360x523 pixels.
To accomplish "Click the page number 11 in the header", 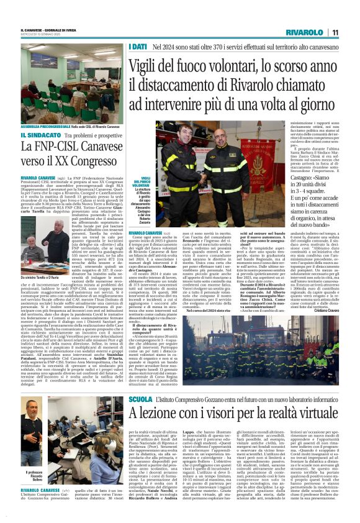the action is pos(335,32).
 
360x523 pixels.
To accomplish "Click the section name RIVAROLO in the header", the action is pos(304,32).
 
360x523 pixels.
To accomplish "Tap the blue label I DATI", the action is pos(138,47).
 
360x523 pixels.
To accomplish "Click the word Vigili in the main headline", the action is pos(160,70).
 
